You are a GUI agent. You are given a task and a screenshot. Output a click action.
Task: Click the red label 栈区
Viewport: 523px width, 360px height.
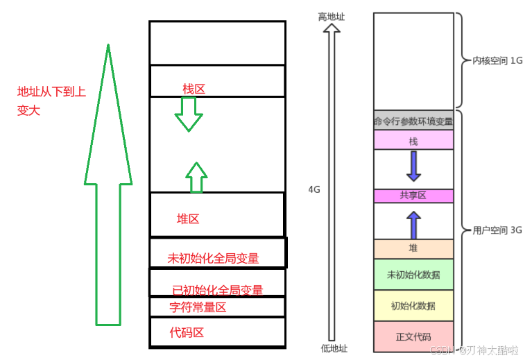(x=194, y=89)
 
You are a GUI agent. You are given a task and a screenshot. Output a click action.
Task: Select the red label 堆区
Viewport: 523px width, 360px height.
(x=188, y=219)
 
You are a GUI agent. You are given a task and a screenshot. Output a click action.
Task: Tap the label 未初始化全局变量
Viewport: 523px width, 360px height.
(x=213, y=259)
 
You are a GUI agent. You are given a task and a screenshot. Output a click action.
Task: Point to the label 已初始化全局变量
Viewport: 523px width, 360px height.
(x=217, y=291)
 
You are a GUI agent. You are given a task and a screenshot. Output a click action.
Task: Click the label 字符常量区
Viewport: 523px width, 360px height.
(x=198, y=307)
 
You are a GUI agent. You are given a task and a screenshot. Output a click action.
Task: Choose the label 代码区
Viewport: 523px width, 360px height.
(x=187, y=333)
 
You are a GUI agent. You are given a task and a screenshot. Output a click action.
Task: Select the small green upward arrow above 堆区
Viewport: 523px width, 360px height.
(x=197, y=178)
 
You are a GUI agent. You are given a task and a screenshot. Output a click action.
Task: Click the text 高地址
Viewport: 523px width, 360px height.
(x=332, y=16)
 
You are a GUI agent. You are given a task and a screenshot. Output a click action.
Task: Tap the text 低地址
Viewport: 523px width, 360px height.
(x=334, y=348)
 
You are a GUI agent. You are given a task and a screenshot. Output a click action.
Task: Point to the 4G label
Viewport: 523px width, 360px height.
(x=316, y=189)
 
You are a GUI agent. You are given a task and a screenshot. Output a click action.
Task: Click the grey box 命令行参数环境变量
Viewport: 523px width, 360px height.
(x=413, y=121)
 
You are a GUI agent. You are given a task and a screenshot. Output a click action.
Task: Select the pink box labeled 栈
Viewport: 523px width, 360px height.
(x=413, y=141)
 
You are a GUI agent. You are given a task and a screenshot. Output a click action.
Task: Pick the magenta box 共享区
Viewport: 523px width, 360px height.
(x=413, y=196)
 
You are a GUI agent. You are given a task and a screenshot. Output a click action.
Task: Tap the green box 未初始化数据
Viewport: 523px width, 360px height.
(x=413, y=275)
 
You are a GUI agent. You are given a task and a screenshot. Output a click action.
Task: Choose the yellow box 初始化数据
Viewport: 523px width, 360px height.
(x=413, y=306)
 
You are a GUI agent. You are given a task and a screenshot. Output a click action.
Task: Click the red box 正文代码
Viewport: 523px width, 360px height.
(x=413, y=337)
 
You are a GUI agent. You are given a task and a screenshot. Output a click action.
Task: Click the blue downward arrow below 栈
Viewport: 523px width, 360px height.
(x=414, y=166)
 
